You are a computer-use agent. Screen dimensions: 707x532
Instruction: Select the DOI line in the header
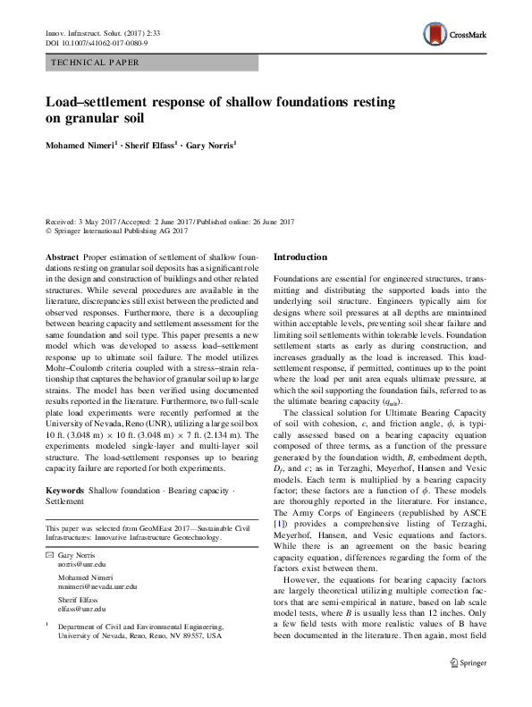pos(97,42)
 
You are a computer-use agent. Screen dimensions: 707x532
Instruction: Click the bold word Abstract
pos(63,257)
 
